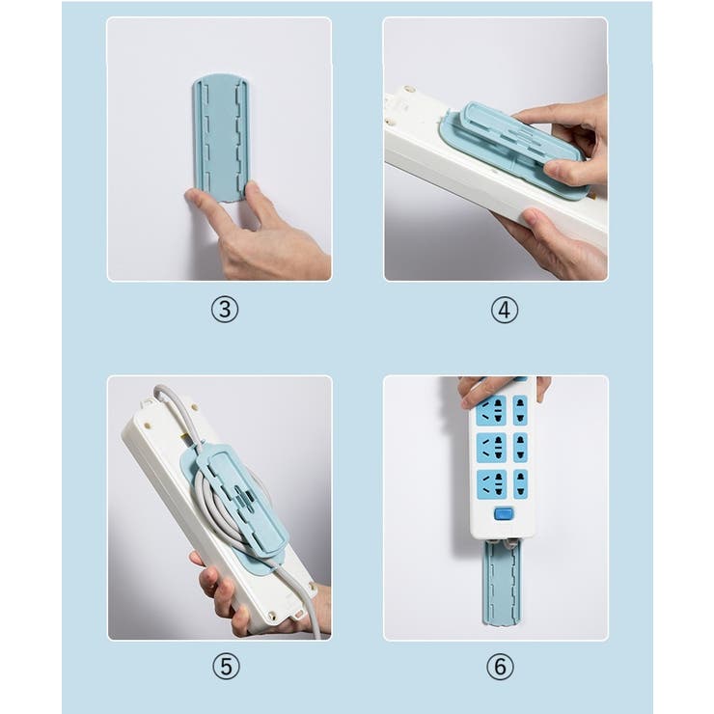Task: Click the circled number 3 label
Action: tap(224, 310)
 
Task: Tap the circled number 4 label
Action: tap(503, 310)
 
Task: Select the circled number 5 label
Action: tap(224, 666)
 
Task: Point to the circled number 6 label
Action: tap(500, 666)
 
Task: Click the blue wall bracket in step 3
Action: tap(221, 135)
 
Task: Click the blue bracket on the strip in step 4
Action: tap(511, 145)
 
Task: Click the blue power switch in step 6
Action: tap(503, 513)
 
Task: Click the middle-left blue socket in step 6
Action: tap(490, 447)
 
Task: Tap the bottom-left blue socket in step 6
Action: tap(490, 482)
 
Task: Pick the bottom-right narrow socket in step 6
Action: tap(520, 482)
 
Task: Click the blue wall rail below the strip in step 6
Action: tap(501, 589)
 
